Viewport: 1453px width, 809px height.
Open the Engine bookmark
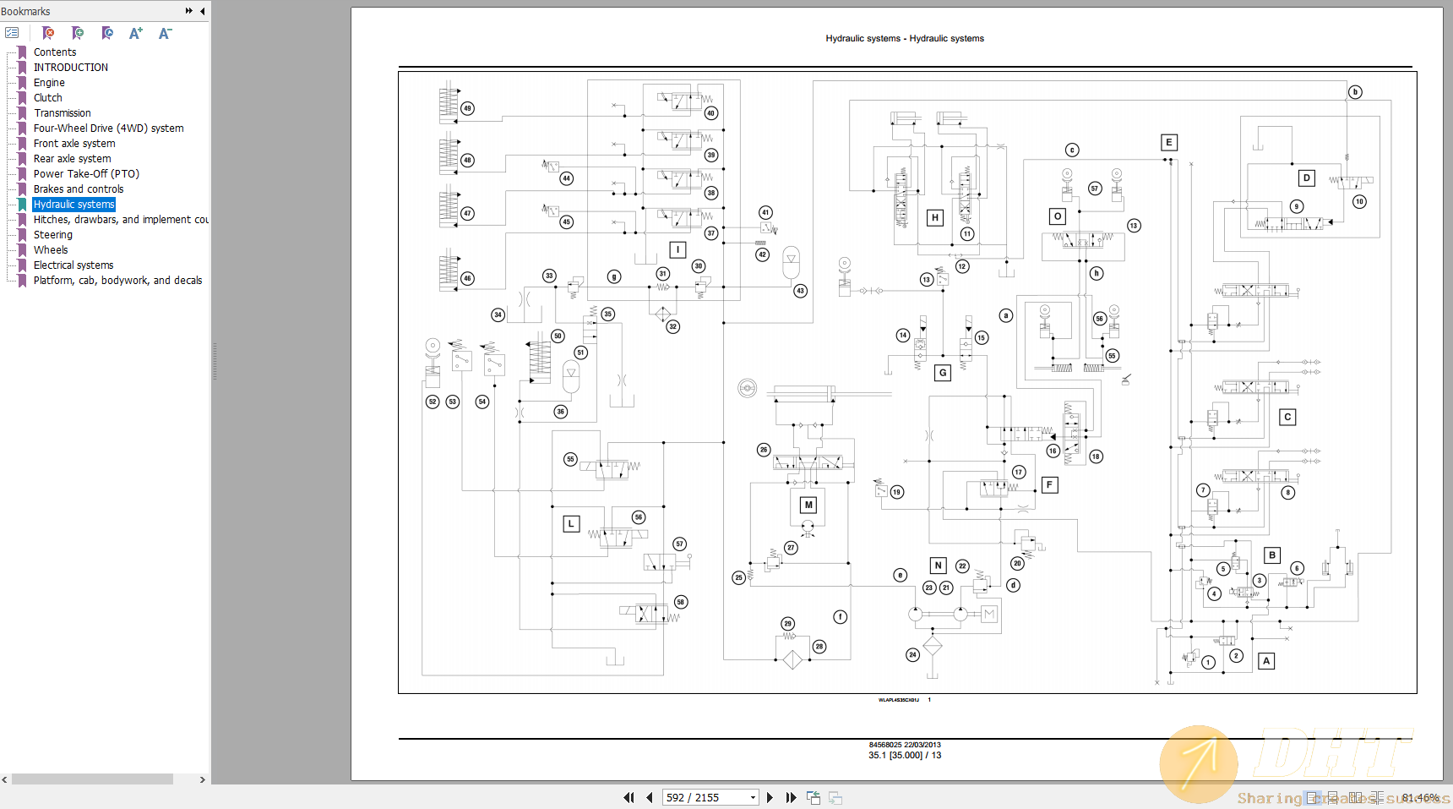point(49,83)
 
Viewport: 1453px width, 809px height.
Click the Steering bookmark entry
point(52,235)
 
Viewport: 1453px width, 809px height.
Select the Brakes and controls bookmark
point(78,189)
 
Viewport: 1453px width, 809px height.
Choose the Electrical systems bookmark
point(73,265)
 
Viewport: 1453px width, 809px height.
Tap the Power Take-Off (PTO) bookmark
point(86,174)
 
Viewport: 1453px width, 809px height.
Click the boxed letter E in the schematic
point(1169,143)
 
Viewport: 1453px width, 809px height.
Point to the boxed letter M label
point(808,505)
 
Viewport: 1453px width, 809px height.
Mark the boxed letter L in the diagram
point(571,524)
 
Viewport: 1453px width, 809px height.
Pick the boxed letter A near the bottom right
point(1266,661)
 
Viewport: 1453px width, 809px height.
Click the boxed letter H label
point(935,218)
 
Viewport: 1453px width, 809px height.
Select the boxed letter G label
point(943,373)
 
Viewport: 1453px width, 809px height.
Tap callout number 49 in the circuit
point(467,108)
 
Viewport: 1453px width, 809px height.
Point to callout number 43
point(800,291)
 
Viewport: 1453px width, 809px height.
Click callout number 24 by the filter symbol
point(912,654)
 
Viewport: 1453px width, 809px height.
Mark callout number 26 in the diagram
point(764,450)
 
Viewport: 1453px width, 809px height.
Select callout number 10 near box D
point(1359,201)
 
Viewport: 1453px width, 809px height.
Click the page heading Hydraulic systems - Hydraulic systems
point(905,39)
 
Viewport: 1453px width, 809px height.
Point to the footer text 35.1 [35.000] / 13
point(905,756)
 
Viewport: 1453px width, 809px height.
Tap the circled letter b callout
point(1355,92)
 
